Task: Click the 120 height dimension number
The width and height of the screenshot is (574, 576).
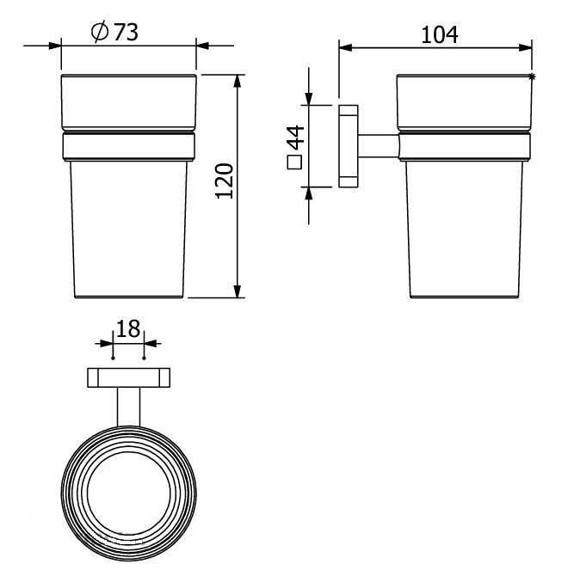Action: pyautogui.click(x=224, y=181)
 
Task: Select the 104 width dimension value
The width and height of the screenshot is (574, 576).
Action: pyautogui.click(x=439, y=34)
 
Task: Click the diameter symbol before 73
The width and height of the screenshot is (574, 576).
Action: pyautogui.click(x=98, y=32)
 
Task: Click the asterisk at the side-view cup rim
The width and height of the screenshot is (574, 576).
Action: pyautogui.click(x=533, y=78)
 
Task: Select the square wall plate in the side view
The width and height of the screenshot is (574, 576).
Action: pyautogui.click(x=348, y=146)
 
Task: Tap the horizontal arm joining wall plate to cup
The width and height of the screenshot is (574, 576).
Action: pyautogui.click(x=377, y=146)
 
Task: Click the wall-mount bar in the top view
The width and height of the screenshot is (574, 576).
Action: pyautogui.click(x=129, y=377)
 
